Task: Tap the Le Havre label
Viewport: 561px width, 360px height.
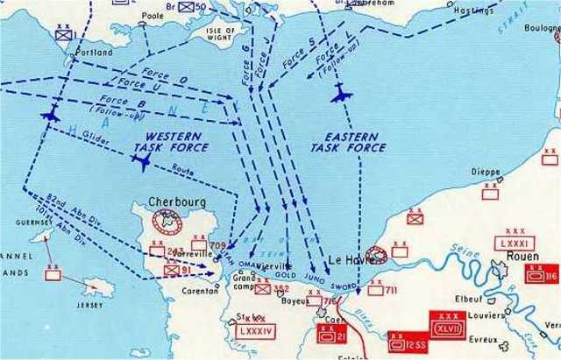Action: pyautogui.click(x=348, y=259)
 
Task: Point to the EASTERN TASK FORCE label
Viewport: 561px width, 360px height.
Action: pyautogui.click(x=337, y=144)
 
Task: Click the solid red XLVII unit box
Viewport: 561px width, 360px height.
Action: pyautogui.click(x=445, y=322)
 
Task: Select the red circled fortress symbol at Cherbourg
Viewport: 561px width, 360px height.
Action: pyautogui.click(x=163, y=219)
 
